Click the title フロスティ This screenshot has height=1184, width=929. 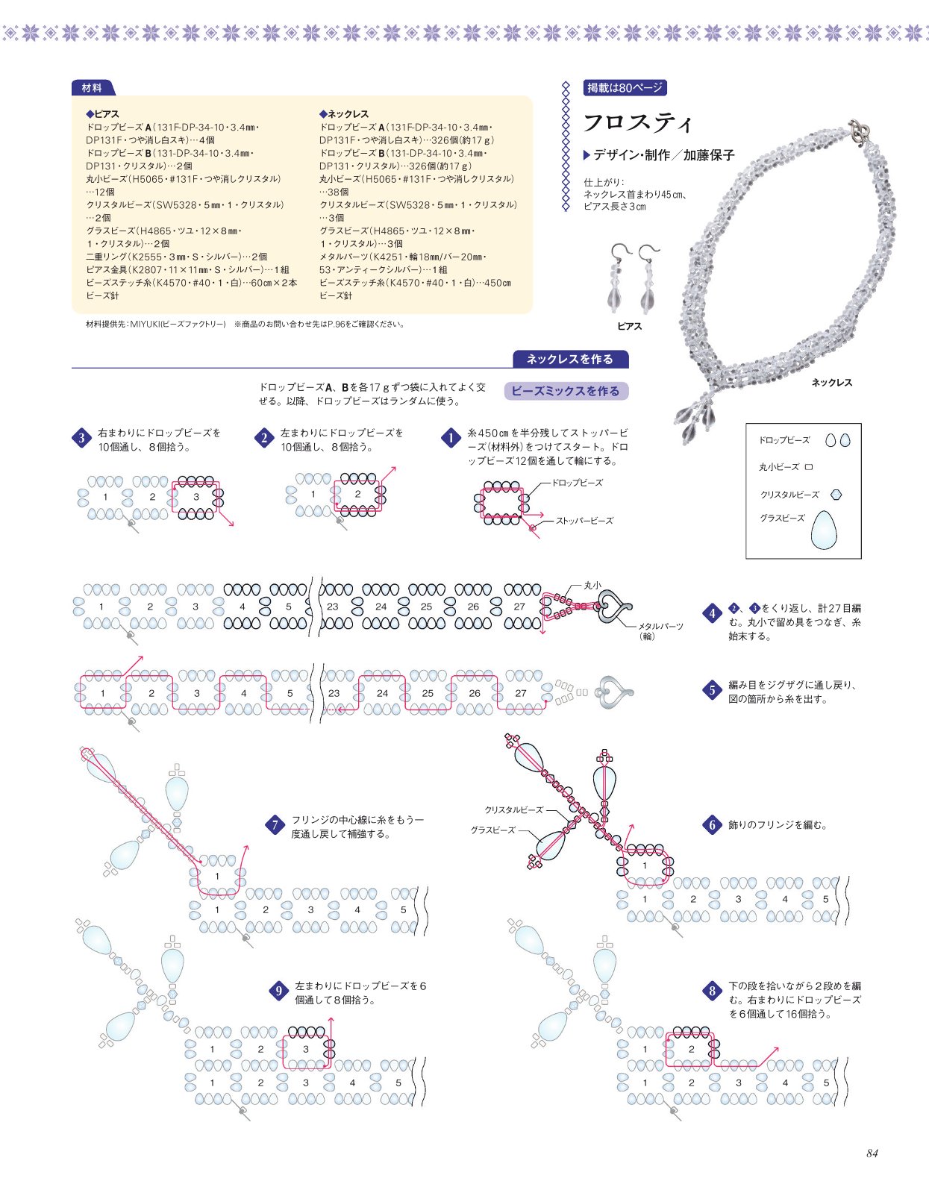coord(638,122)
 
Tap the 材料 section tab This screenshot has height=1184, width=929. coord(92,88)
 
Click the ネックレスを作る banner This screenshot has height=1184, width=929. coord(570,359)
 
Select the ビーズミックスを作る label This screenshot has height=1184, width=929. coord(566,391)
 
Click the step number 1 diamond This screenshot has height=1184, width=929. coord(451,438)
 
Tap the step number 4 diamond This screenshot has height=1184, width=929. coord(712,614)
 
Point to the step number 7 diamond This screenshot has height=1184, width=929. coord(275,825)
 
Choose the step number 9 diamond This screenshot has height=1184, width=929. coord(278,992)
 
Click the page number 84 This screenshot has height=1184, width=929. coord(872,1153)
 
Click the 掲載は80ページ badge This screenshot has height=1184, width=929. coord(625,88)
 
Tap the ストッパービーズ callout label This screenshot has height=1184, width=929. coord(584,521)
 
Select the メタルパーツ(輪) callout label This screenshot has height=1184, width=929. coord(660,631)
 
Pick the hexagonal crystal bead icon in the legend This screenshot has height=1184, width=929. coord(836,494)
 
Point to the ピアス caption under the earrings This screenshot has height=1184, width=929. coord(629,326)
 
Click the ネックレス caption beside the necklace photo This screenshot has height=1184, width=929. coord(831,383)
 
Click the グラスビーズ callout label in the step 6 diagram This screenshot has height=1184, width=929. coord(492,830)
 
